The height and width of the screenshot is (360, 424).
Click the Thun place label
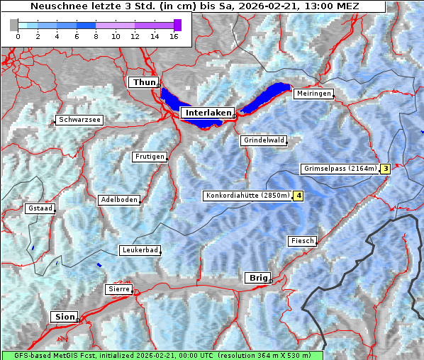(x=144, y=83)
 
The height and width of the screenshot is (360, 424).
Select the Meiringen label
(x=313, y=94)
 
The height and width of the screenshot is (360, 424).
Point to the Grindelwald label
(x=264, y=140)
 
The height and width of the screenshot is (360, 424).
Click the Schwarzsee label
(x=80, y=120)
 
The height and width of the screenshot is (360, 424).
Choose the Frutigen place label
(x=150, y=157)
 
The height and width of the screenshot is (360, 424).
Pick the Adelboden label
(x=118, y=200)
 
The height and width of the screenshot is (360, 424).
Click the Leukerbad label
(x=139, y=250)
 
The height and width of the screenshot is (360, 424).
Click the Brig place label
(x=256, y=278)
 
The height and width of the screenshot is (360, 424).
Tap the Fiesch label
(x=301, y=241)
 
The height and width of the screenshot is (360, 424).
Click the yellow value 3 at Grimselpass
(x=385, y=169)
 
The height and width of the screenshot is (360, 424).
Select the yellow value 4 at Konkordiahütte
(x=299, y=196)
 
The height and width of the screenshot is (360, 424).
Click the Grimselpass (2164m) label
(x=339, y=169)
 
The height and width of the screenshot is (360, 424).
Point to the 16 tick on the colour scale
(x=174, y=36)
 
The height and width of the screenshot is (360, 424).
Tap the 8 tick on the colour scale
(x=96, y=36)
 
